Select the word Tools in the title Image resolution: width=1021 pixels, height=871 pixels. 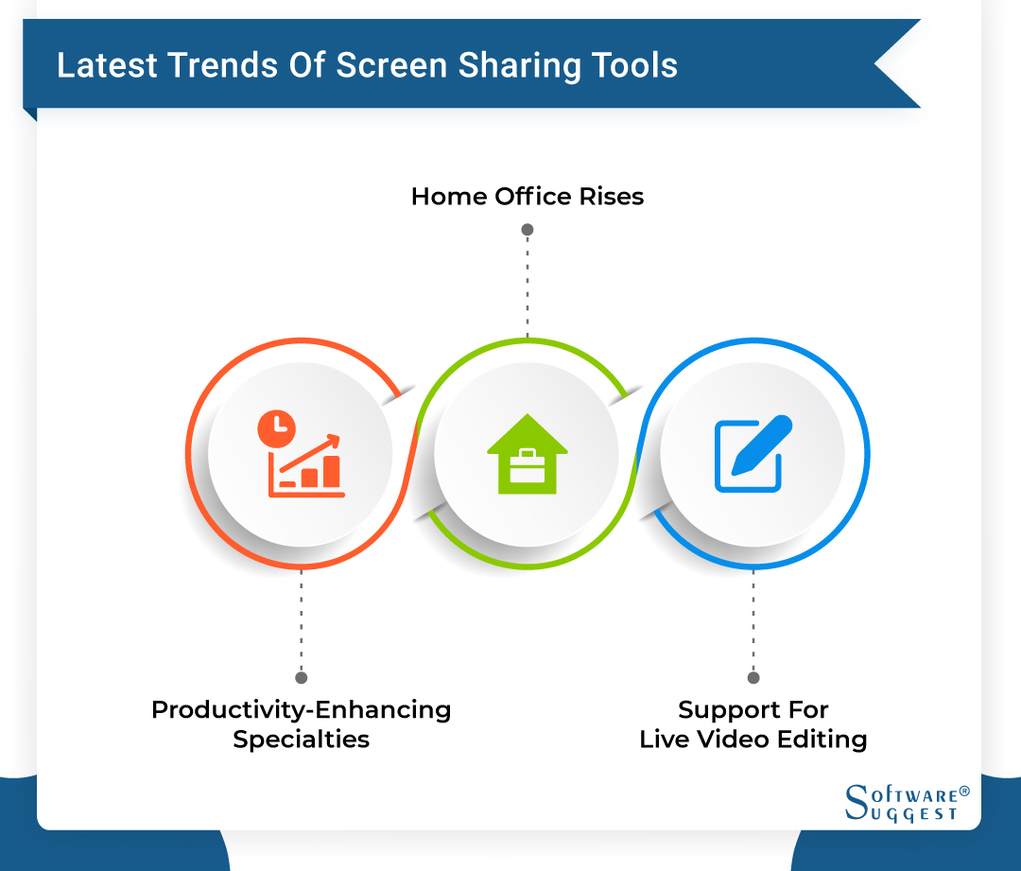click(636, 65)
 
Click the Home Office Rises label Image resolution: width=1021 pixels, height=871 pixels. click(528, 197)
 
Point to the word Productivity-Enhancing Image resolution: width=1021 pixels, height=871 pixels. click(301, 709)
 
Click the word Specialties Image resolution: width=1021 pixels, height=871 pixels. click(301, 739)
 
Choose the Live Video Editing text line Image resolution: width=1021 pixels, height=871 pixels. click(753, 739)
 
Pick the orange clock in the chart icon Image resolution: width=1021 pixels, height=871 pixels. click(276, 428)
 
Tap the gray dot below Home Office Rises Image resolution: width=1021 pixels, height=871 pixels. click(528, 230)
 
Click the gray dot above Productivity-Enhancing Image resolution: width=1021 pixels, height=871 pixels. click(302, 677)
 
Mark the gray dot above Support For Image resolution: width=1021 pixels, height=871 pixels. click(753, 677)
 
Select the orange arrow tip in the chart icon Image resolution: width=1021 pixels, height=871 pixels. click(334, 439)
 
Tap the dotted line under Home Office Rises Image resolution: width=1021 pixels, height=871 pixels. click(528, 284)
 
